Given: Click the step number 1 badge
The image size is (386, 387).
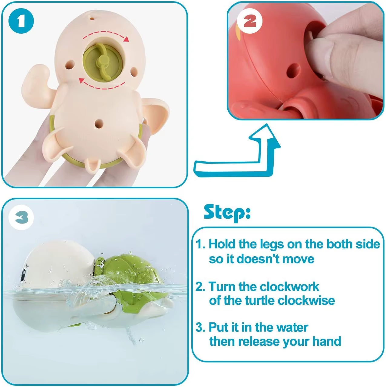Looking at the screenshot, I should coord(21,21).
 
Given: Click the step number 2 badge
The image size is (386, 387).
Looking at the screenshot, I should coord(250,21).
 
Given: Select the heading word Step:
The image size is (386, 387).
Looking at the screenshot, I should coord(227,212).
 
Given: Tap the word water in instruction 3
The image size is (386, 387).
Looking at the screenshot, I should coord(292,328).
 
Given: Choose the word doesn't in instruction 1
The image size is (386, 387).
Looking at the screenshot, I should coord(256,259).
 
